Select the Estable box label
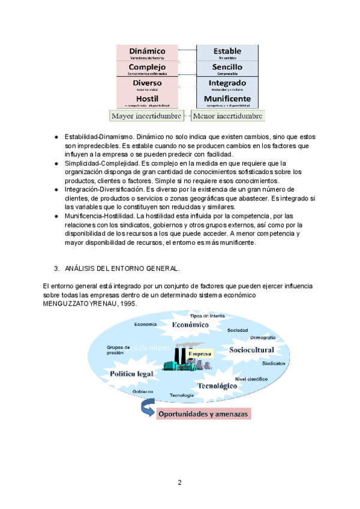tap(227, 52)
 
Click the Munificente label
tap(227, 98)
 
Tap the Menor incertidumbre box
tap(227, 115)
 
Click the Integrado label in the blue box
tap(227, 83)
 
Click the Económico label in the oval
tap(190, 324)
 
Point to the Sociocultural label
tap(251, 350)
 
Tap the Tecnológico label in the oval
tap(215, 387)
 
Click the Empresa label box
tap(200, 355)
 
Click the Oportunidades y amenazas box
tap(203, 414)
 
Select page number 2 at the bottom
tap(179, 482)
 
